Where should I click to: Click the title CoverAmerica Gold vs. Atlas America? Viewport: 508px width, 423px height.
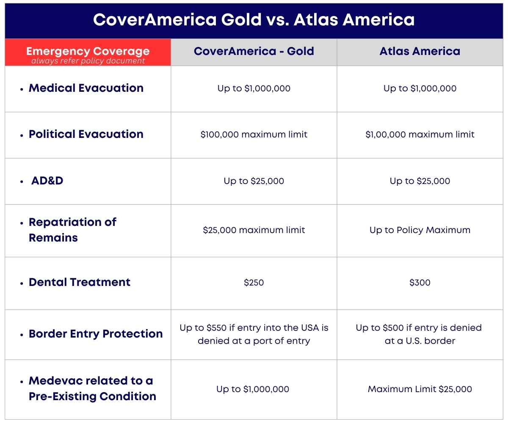[x=254, y=20]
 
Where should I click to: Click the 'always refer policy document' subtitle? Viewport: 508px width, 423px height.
[x=88, y=61]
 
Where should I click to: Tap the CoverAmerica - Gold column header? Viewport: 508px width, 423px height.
[x=254, y=51]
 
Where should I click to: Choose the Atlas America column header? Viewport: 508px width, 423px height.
[x=420, y=51]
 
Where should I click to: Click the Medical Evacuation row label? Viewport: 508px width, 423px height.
[x=86, y=88]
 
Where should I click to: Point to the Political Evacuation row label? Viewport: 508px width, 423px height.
[x=86, y=134]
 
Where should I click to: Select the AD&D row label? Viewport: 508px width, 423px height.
[x=47, y=181]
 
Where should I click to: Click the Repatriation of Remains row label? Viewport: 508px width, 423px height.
[x=72, y=230]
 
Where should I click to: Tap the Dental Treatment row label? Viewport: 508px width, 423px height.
[x=80, y=282]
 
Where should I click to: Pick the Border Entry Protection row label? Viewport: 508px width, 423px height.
[x=96, y=334]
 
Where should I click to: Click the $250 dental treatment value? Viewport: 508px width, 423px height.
[x=254, y=283]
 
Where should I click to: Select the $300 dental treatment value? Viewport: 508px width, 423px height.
[x=420, y=283]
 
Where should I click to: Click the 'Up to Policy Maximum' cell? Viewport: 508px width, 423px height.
[x=420, y=230]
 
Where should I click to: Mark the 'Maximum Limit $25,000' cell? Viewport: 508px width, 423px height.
[x=420, y=389]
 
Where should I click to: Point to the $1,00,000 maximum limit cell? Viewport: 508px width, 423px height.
[x=420, y=135]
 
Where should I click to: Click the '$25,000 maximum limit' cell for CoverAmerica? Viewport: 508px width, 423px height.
[x=254, y=230]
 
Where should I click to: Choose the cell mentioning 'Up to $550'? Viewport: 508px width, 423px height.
[x=254, y=334]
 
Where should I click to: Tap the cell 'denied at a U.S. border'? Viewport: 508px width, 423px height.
[x=420, y=334]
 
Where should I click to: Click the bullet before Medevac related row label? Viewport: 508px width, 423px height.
[x=22, y=382]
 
